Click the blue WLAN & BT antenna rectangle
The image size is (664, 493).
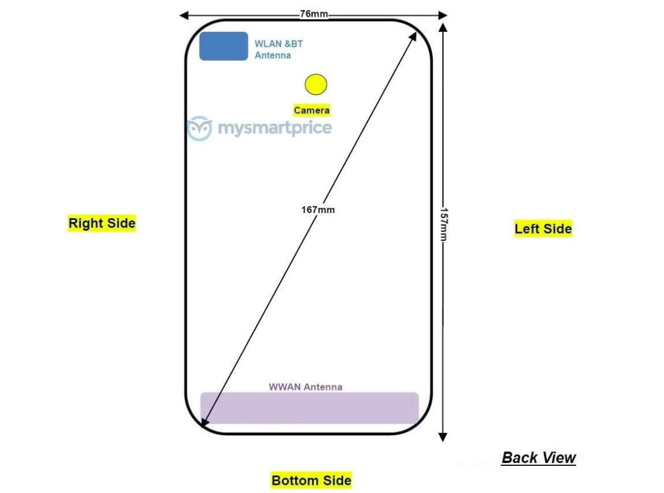click(x=224, y=46)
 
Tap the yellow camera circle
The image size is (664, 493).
click(x=316, y=84)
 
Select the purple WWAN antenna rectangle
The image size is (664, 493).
click(x=310, y=408)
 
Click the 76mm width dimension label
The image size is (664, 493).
click(x=314, y=14)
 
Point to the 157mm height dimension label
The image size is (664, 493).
click(x=443, y=225)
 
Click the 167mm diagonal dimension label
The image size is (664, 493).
click(x=318, y=210)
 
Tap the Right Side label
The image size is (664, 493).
click(x=102, y=223)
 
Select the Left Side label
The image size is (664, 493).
click(x=543, y=229)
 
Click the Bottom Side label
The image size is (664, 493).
click(x=311, y=480)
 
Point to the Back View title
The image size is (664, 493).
click(x=539, y=458)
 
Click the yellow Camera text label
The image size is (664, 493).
click(x=311, y=110)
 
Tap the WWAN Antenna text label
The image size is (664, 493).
click(x=305, y=387)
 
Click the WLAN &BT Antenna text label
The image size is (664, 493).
click(x=279, y=50)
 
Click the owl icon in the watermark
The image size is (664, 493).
click(x=199, y=128)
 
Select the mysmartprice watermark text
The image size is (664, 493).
click(x=275, y=128)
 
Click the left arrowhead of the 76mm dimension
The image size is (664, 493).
click(x=184, y=16)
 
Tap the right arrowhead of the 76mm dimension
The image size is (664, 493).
click(x=443, y=16)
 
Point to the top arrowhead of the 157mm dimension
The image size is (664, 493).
click(x=443, y=28)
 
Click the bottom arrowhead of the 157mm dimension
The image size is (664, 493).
click(x=443, y=437)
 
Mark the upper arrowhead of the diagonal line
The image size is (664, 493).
click(x=413, y=36)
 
